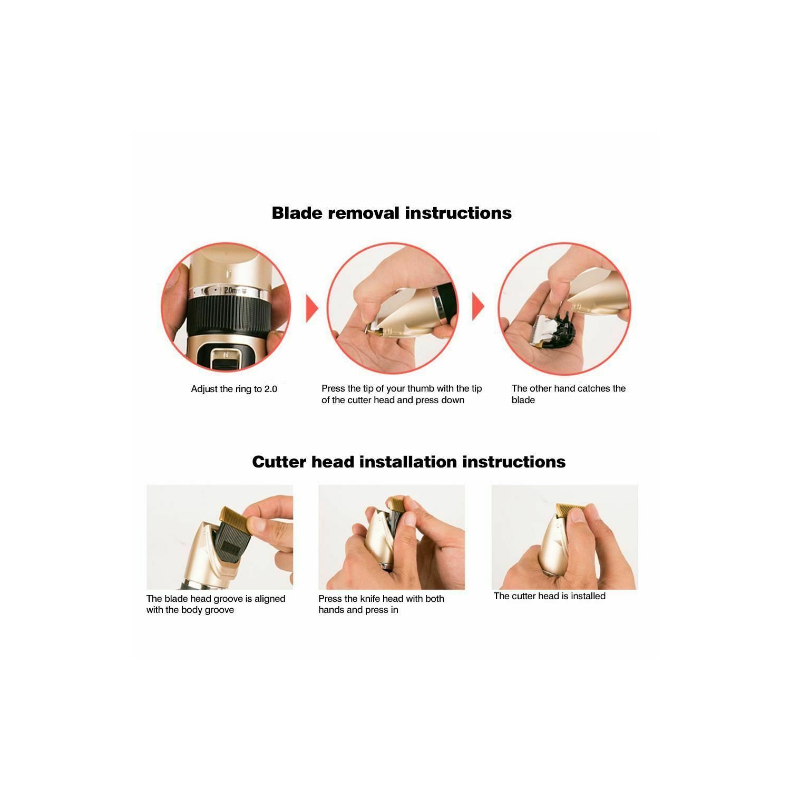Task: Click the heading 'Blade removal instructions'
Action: [x=392, y=213]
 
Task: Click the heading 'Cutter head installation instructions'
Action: [x=408, y=462]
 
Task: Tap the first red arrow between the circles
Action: [x=312, y=308]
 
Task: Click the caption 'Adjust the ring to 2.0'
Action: [x=234, y=389]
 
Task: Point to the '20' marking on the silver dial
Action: [x=230, y=290]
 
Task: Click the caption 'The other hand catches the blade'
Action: [x=568, y=394]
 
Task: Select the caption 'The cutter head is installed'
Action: [x=550, y=596]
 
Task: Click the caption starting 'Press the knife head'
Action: [x=381, y=604]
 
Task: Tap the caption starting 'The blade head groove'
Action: [x=216, y=604]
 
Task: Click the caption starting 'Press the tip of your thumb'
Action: [x=402, y=394]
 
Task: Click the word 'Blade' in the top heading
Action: [x=297, y=213]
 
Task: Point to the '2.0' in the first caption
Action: [x=270, y=389]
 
